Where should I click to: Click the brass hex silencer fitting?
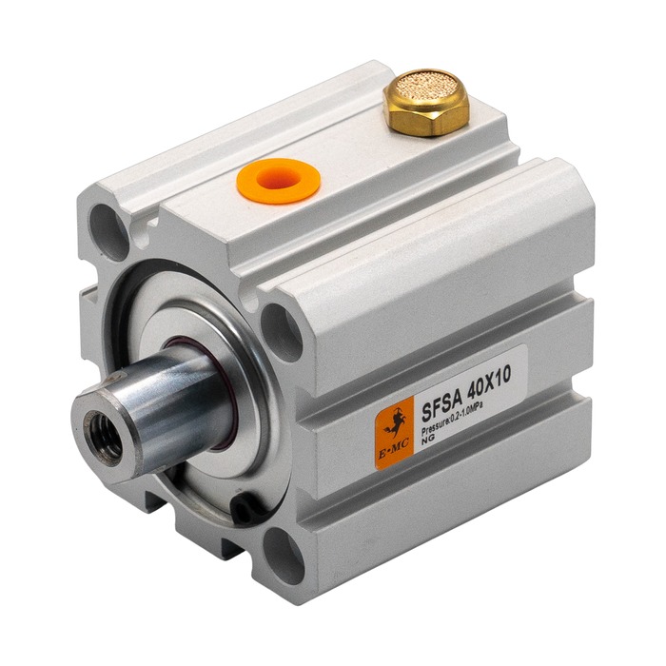(x=427, y=103)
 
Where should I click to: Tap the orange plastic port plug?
(x=278, y=181)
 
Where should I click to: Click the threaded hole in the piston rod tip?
(x=103, y=437)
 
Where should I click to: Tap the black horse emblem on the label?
(x=396, y=423)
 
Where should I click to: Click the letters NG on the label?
(x=426, y=441)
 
